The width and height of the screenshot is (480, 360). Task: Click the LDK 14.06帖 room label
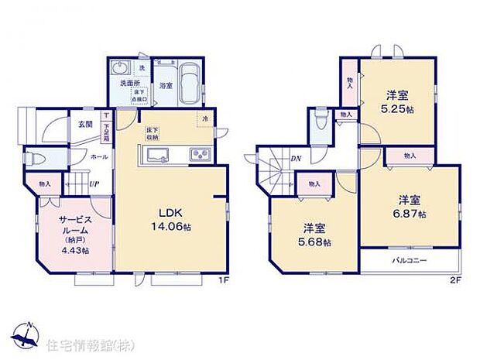click(x=170, y=219)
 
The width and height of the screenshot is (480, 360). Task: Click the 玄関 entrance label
click(x=85, y=124)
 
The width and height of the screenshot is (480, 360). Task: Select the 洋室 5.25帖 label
click(x=398, y=103)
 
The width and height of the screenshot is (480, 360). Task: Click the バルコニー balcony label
click(x=409, y=261)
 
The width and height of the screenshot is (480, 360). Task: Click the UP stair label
click(x=94, y=185)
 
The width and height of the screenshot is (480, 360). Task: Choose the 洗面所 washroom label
click(x=129, y=83)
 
